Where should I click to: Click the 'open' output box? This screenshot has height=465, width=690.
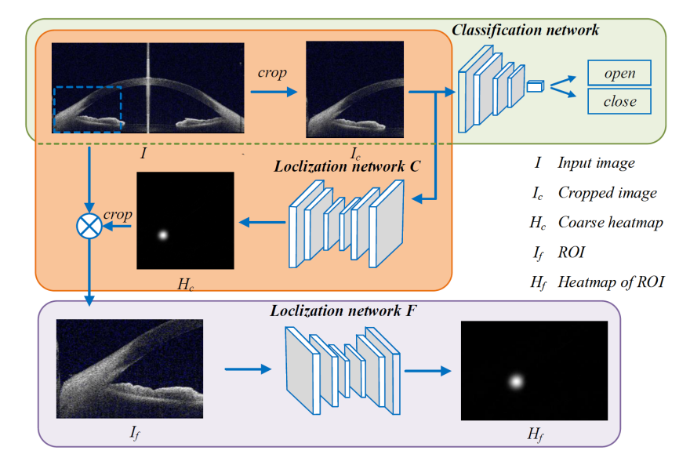[619, 73]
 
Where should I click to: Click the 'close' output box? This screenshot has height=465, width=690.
[619, 101]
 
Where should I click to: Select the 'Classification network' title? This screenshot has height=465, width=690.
[525, 30]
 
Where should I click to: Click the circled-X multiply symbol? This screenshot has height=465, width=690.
[90, 226]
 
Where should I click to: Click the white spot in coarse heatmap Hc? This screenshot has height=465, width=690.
[163, 234]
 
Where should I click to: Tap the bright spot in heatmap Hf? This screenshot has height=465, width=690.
[516, 382]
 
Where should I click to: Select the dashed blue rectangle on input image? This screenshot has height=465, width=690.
[88, 110]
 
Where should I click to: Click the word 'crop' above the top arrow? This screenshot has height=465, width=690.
[272, 73]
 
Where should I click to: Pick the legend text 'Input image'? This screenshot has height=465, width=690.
[596, 163]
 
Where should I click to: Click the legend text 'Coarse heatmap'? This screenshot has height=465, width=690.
[610, 222]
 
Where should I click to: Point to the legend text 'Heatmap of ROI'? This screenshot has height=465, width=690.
[611, 281]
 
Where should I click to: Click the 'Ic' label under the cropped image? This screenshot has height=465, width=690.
[355, 150]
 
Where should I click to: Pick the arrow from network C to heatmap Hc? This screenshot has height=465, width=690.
[262, 223]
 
